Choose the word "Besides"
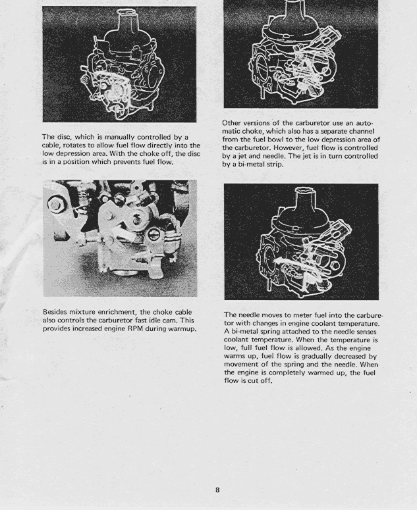coord(59,312)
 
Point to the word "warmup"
coord(181,328)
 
